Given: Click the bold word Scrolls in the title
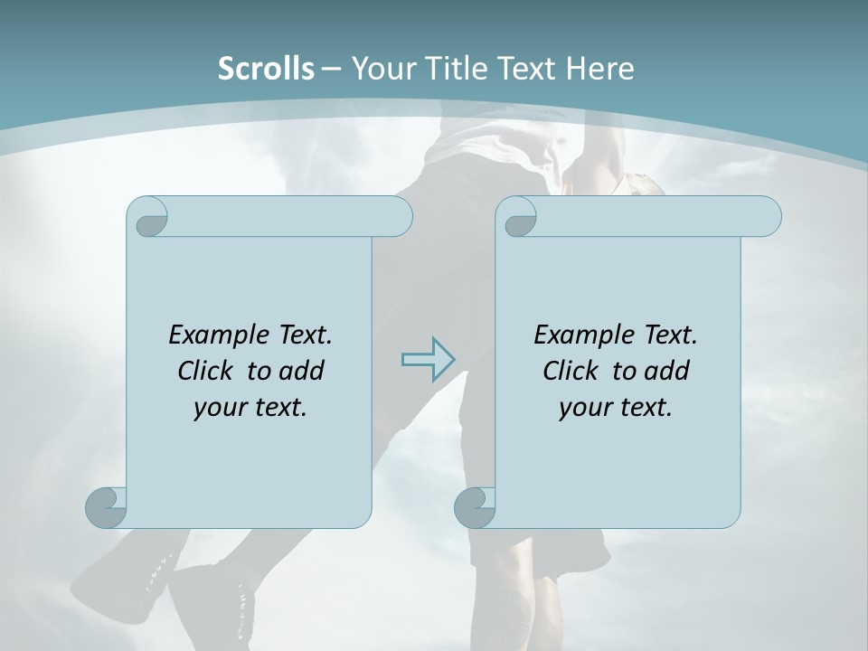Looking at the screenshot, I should click(266, 69).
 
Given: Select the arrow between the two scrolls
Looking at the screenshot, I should click(428, 359).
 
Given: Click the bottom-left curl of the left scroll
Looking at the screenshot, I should click(107, 507).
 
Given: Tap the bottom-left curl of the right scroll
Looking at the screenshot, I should click(476, 507).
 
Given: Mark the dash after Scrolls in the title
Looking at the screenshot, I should click(331, 69).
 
